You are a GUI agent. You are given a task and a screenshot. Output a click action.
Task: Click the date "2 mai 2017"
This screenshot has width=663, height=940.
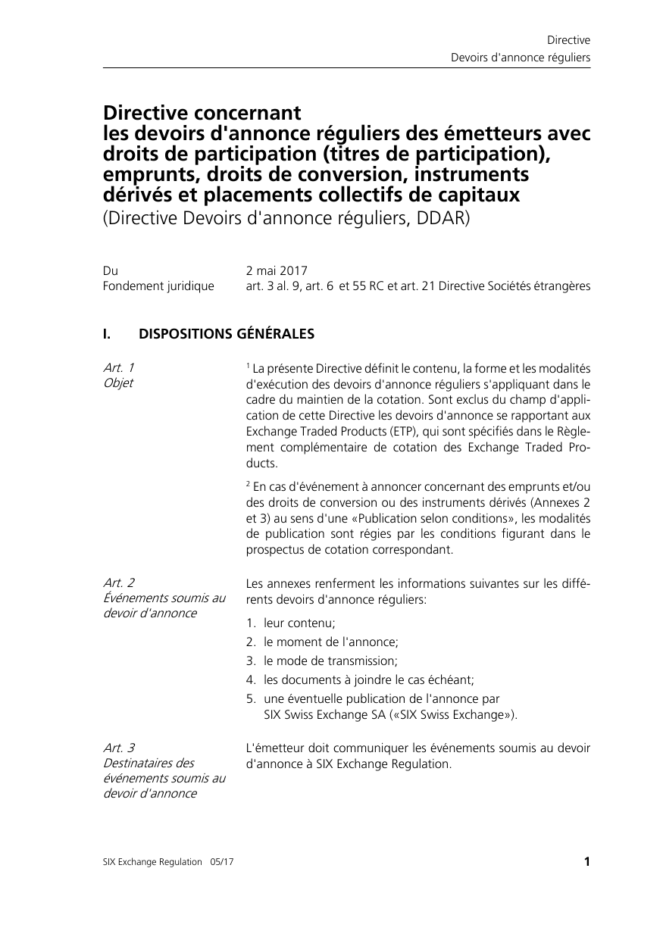coord(276,270)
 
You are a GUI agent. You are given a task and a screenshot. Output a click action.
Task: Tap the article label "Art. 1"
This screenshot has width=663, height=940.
coord(119,367)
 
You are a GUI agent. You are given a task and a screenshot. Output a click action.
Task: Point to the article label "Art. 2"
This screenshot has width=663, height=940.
coord(119,582)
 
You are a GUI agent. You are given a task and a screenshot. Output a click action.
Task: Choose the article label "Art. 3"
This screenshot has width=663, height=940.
coord(119,748)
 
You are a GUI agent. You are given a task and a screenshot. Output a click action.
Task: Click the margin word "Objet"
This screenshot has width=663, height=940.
coord(117,383)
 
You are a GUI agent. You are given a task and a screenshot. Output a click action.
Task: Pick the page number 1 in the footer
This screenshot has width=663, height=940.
coord(586,861)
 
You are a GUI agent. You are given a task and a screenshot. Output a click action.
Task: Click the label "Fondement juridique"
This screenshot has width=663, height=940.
coord(158,286)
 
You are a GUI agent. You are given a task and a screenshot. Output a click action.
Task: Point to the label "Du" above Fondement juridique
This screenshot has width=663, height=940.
coord(111,270)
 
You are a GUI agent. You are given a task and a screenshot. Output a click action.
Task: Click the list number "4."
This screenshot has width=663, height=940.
coord(251,679)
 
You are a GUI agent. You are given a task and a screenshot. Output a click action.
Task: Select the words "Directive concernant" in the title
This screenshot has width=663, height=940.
coord(202,113)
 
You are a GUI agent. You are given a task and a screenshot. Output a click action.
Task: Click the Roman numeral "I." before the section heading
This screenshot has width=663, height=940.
coord(108,333)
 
